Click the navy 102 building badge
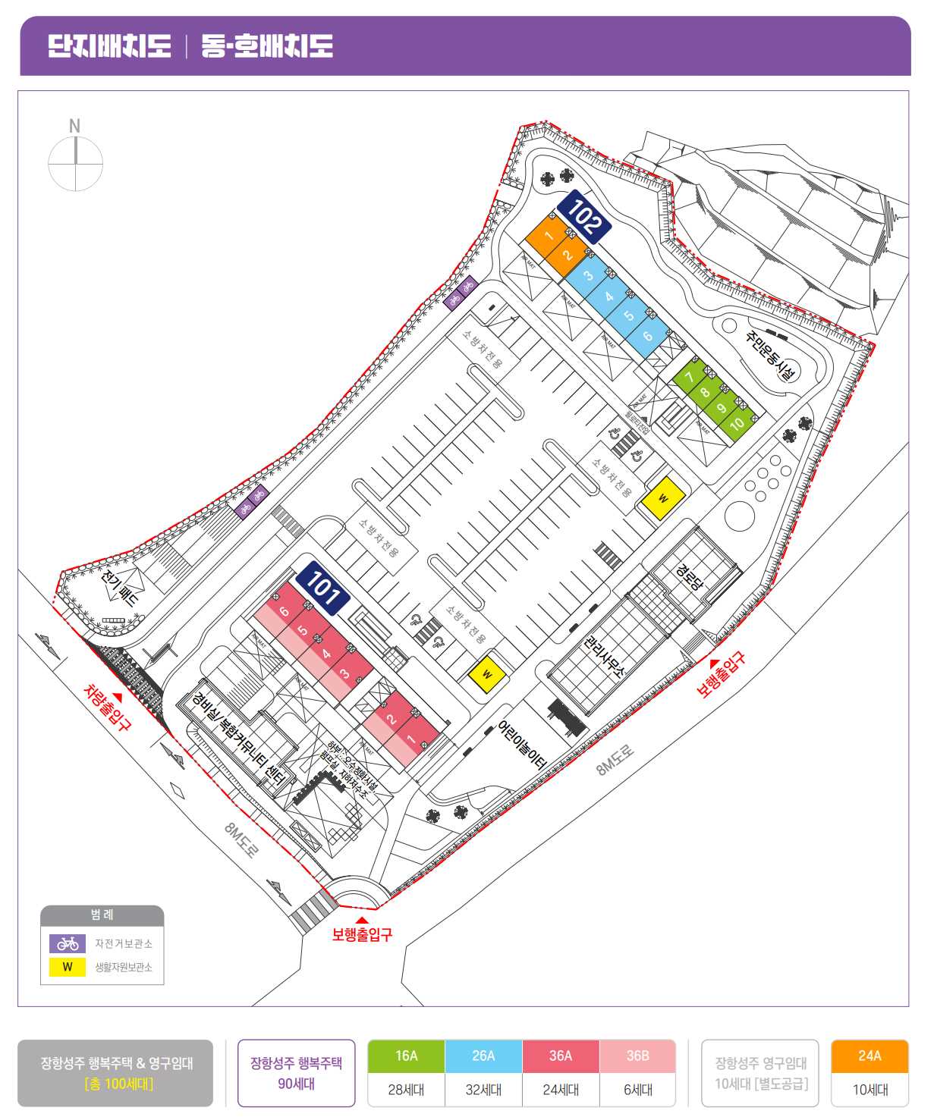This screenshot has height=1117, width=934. (x=583, y=217)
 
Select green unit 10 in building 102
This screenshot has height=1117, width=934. (x=736, y=425)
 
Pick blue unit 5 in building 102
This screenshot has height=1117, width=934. (x=628, y=315)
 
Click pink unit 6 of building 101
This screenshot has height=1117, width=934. (x=284, y=611)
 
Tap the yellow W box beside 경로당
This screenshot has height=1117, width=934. (x=663, y=498)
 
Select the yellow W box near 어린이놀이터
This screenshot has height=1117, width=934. (x=487, y=673)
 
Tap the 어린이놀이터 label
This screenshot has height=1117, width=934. (x=522, y=745)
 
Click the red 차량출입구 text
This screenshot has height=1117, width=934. (x=106, y=707)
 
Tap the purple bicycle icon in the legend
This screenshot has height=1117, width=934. (x=68, y=943)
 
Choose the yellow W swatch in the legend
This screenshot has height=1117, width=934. (x=68, y=967)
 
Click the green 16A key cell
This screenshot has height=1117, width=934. (x=406, y=1056)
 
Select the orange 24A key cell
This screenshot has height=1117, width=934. (x=870, y=1056)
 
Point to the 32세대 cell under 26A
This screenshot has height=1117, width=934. (x=483, y=1090)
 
